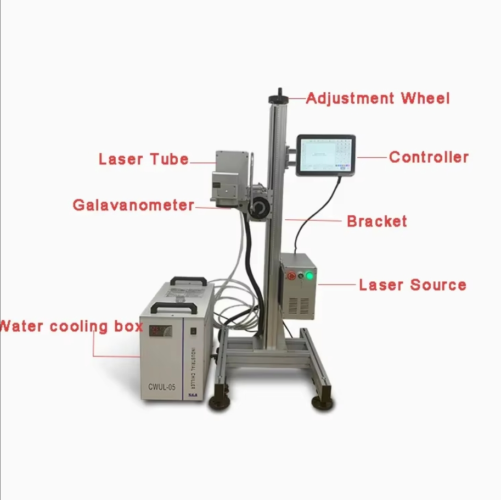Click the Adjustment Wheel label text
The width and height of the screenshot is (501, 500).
(378, 99)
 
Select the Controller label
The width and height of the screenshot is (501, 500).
(429, 157)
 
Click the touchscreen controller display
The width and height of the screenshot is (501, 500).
(325, 154)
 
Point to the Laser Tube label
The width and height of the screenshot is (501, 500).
(144, 160)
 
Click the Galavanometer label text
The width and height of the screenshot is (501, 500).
(133, 205)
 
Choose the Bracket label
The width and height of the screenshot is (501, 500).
(377, 221)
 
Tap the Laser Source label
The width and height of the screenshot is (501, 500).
(412, 285)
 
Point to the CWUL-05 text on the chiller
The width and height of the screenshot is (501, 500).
(161, 387)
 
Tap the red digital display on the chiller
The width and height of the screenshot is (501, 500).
(161, 331)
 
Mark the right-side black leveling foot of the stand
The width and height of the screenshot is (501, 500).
(322, 403)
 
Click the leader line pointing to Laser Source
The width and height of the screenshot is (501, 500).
(336, 285)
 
